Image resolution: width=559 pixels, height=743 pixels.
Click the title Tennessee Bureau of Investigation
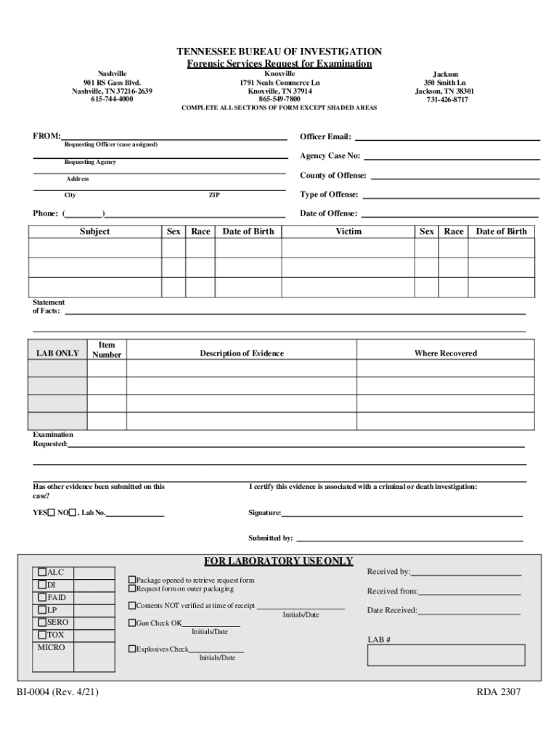[279, 52]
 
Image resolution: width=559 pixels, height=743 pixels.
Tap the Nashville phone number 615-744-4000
[112, 99]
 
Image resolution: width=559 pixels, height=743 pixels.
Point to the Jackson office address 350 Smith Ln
[445, 83]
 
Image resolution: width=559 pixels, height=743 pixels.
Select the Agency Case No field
[451, 156]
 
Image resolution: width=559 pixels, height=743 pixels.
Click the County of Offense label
[333, 176]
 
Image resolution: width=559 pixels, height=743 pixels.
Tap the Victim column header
[348, 231]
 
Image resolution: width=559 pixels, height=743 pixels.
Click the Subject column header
[95, 231]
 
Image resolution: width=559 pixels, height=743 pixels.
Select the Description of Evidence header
[242, 353]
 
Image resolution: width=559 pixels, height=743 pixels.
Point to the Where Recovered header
[445, 353]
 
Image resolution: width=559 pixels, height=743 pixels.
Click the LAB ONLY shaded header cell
[57, 353]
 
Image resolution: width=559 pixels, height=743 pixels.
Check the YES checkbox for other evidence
[52, 513]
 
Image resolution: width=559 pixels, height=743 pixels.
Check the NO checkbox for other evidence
[72, 513]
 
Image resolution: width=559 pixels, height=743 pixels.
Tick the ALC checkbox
[43, 572]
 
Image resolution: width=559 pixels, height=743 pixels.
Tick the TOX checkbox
[43, 635]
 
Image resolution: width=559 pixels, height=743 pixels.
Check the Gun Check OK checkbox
[132, 623]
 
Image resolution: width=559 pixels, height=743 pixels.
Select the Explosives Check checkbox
[132, 649]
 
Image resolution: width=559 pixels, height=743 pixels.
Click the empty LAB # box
[446, 655]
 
